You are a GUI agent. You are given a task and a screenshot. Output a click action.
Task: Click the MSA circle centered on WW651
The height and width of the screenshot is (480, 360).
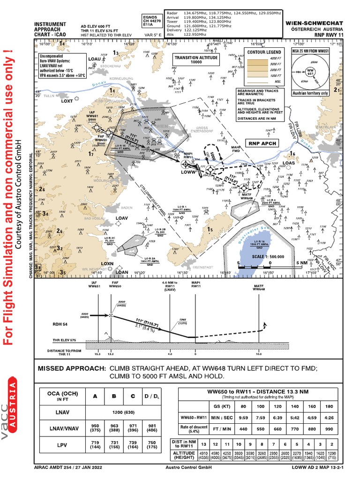(x=310, y=73)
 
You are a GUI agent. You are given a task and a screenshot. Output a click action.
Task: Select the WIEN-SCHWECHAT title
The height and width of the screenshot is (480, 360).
(x=316, y=22)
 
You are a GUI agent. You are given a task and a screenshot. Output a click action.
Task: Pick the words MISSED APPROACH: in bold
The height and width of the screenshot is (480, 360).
(x=72, y=369)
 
